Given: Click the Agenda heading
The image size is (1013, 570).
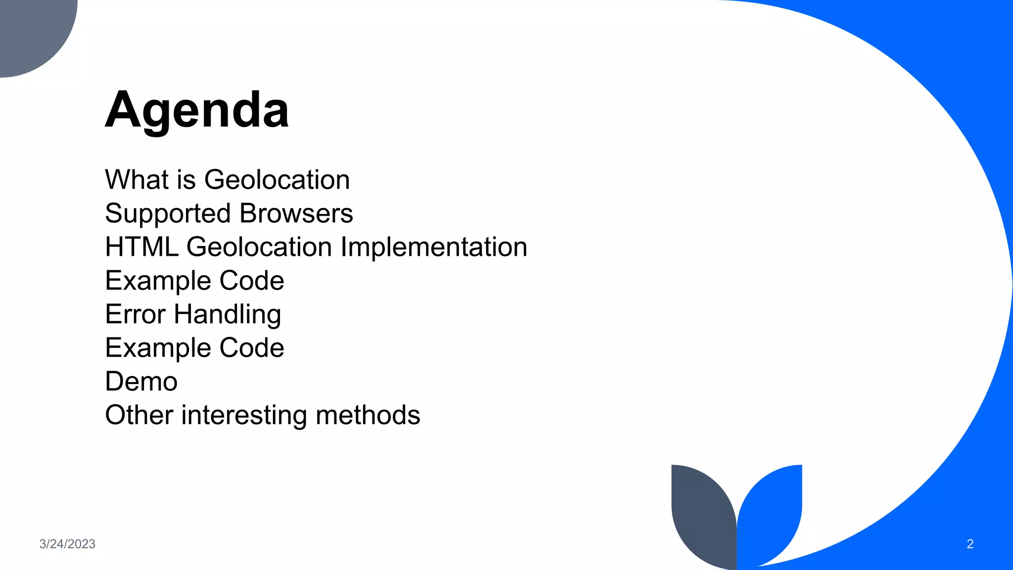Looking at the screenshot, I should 197,110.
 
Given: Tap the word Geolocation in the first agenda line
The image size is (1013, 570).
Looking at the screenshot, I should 277,180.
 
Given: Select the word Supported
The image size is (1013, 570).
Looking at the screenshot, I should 168,214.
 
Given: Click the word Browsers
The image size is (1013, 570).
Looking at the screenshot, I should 296,213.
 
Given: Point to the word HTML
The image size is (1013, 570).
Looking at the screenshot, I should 141,247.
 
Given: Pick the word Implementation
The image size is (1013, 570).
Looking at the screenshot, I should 434,247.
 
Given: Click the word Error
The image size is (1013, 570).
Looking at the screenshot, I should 135,314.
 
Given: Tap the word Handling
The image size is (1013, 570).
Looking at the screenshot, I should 228,315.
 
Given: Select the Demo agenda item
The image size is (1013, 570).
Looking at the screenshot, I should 141,381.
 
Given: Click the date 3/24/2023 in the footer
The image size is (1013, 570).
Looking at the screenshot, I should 67,544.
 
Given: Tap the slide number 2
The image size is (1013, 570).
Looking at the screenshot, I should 970,544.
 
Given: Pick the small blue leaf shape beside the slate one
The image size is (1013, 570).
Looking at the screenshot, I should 772,510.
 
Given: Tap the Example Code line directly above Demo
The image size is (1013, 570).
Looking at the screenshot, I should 194,348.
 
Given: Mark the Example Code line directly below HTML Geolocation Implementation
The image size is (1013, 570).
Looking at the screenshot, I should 194,281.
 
